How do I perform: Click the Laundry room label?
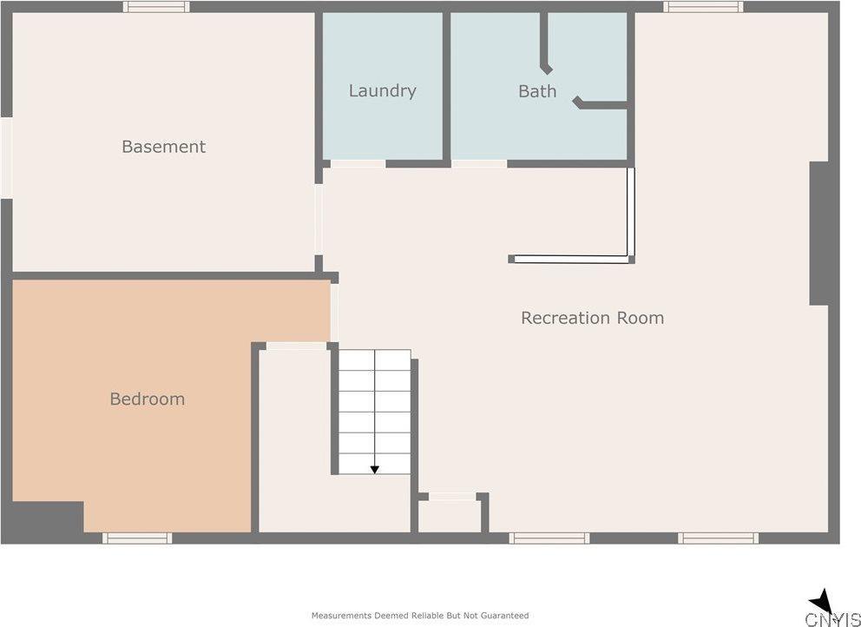382,90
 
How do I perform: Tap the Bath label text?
537,90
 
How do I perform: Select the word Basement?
164,147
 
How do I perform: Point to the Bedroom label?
148,399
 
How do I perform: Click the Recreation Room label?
592,318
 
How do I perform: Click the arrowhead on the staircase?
374,470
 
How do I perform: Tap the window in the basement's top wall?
156,7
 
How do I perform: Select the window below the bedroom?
137,538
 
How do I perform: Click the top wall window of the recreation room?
703,7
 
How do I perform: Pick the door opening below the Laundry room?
358,164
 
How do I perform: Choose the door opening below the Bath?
479,164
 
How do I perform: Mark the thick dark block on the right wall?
819,234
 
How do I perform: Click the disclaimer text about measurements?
420,616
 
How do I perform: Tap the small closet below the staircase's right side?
450,516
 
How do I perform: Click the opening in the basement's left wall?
7,158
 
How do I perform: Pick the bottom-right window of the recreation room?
719,538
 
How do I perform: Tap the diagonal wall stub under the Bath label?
577,102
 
